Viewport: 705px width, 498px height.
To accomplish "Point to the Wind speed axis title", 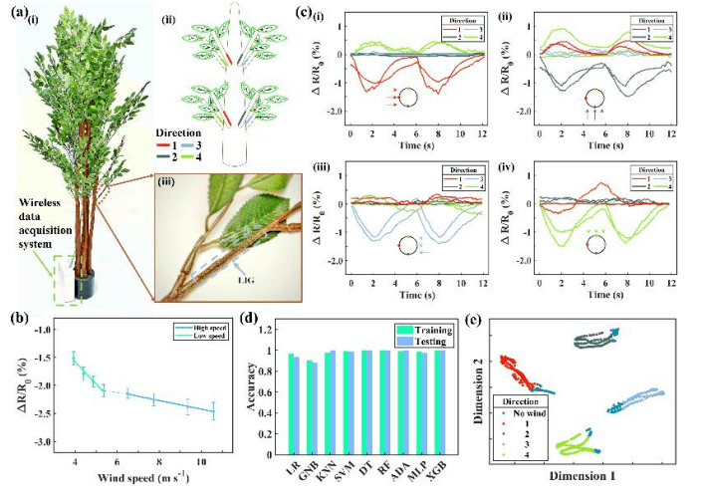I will [141, 477].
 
